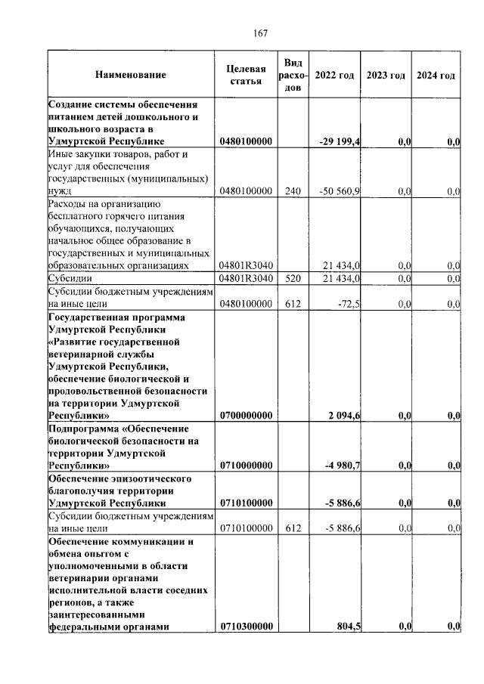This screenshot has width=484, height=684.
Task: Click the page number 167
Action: (x=261, y=33)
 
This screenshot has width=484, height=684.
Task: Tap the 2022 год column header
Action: (x=334, y=75)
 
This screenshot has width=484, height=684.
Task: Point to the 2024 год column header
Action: (x=436, y=75)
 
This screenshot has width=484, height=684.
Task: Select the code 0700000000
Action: (x=246, y=416)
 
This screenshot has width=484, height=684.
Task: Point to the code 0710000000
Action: (x=246, y=466)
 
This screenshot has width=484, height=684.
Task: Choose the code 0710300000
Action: (x=246, y=627)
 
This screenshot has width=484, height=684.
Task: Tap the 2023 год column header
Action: (x=386, y=75)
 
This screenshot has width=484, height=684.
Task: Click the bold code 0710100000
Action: (x=246, y=503)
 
